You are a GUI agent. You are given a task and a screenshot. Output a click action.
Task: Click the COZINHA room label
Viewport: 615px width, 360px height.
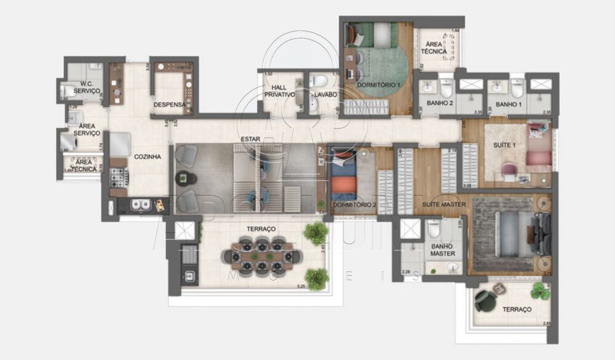[148, 157]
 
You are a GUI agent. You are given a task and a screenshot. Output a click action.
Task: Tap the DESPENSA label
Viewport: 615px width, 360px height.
[169, 105]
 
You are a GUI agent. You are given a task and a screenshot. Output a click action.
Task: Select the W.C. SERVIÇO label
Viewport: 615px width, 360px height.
[86, 90]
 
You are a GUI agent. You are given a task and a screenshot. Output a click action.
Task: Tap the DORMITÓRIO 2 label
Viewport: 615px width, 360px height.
[354, 204]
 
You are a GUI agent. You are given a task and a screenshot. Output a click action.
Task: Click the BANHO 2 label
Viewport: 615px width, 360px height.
[440, 103]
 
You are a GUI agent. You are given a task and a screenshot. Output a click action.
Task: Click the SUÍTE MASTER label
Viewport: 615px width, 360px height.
[444, 203]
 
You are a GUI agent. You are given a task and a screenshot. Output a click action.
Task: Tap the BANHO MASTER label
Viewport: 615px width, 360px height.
[442, 249]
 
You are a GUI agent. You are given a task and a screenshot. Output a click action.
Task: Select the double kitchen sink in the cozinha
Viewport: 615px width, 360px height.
[141, 204]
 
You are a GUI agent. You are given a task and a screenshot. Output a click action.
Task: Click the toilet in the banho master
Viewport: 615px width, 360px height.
[434, 230]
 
